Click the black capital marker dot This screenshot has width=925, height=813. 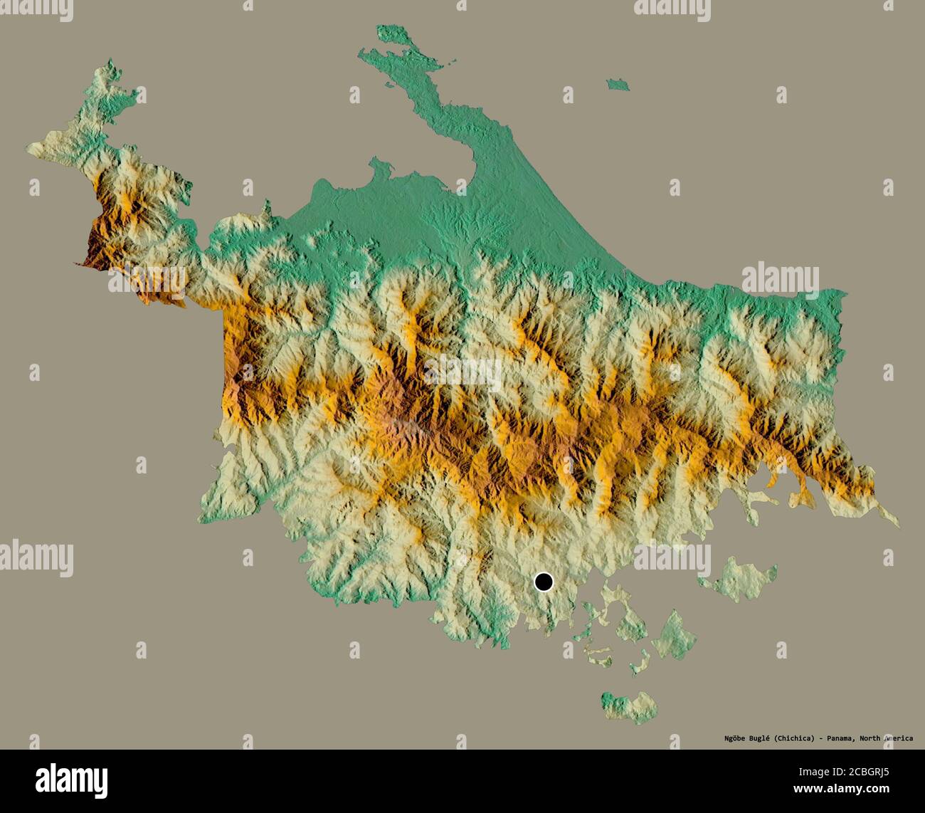pyautogui.click(x=544, y=582)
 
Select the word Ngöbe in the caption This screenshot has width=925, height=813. pyautogui.click(x=729, y=738)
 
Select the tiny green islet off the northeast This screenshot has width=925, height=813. pyautogui.click(x=618, y=85)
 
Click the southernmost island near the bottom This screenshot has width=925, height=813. pyautogui.click(x=628, y=706)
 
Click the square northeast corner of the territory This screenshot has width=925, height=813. pyautogui.click(x=844, y=293)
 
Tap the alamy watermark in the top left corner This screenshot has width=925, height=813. pyautogui.click(x=36, y=9)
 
